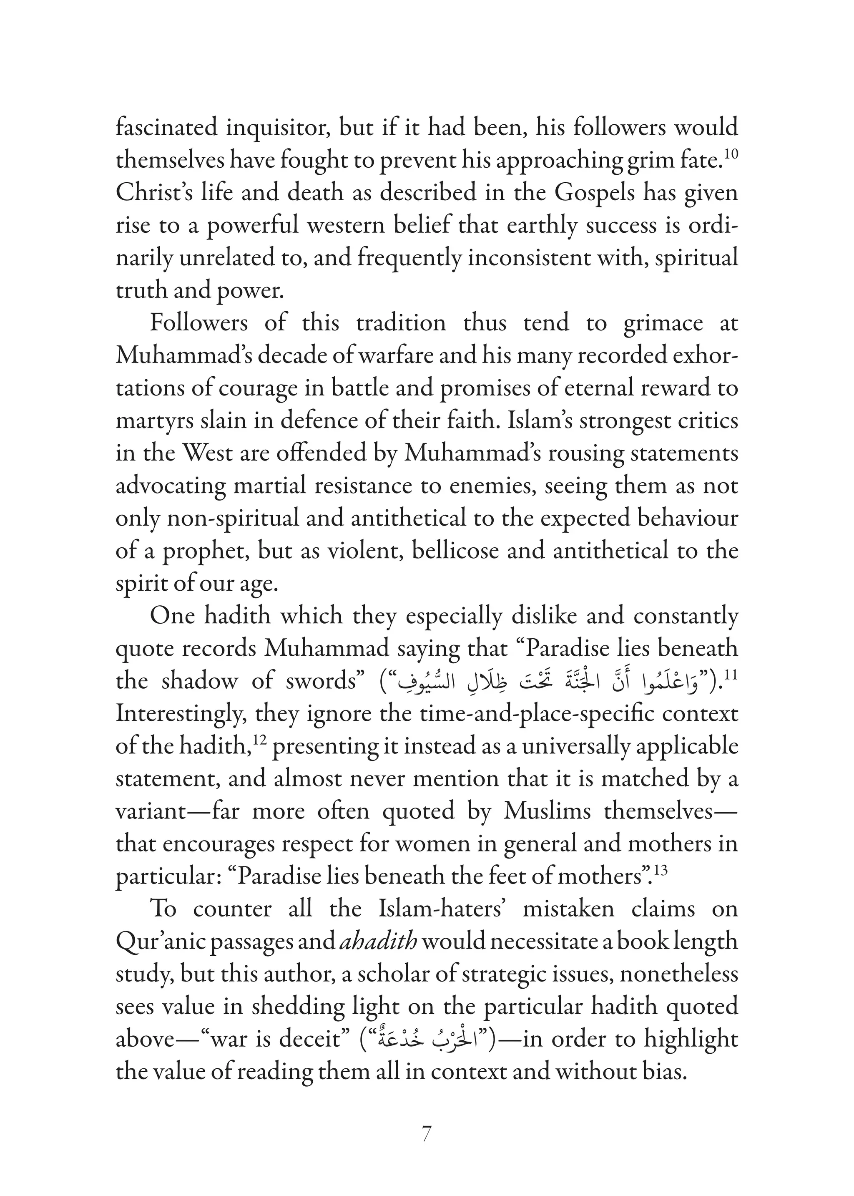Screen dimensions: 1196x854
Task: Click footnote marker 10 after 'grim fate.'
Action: pyautogui.click(x=731, y=154)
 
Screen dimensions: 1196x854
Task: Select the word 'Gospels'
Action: pyautogui.click(x=612, y=193)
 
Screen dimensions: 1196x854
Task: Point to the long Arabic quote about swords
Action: pyautogui.click(x=547, y=682)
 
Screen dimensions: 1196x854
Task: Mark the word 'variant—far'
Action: pyautogui.click(x=177, y=811)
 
